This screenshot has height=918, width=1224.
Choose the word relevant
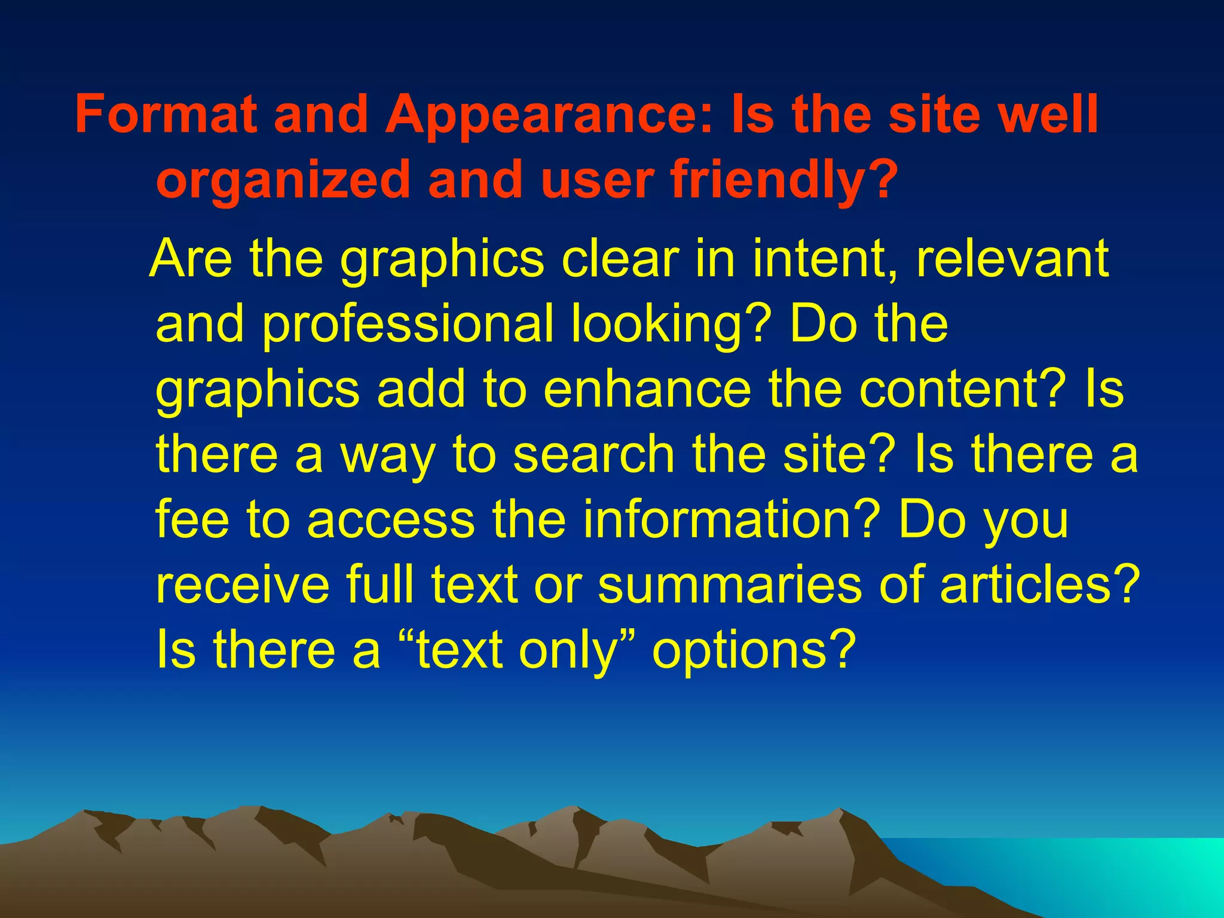[1013, 258]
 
